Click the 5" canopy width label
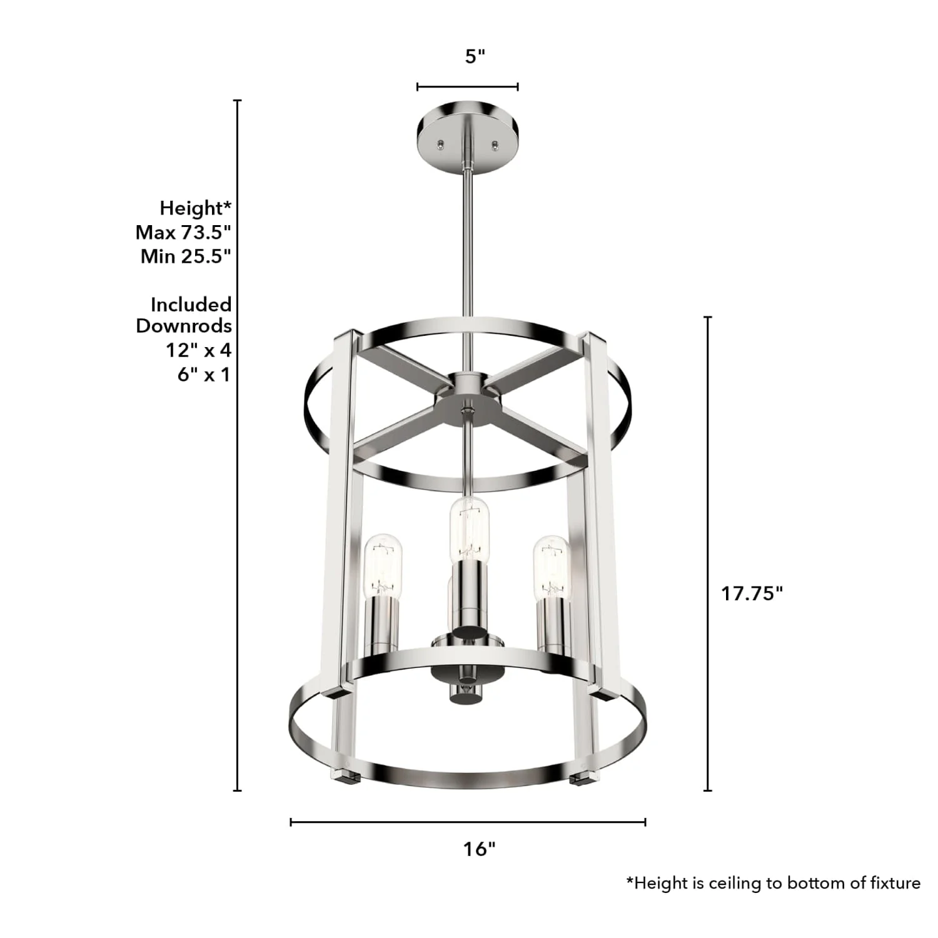[x=475, y=56]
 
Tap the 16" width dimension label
[x=479, y=849]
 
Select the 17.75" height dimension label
[x=752, y=593]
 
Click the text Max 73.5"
[x=183, y=232]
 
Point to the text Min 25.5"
[x=186, y=256]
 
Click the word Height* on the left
[x=195, y=208]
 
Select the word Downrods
[x=184, y=326]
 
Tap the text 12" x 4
[x=198, y=350]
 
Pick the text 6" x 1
[x=204, y=374]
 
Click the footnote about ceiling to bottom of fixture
[x=773, y=882]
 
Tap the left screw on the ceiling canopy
[x=442, y=144]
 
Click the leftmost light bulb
[x=383, y=566]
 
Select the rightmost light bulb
[x=551, y=566]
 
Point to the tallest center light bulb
[x=468, y=528]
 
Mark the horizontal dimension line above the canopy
[x=467, y=86]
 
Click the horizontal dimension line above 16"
[x=468, y=822]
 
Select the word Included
[x=191, y=305]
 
